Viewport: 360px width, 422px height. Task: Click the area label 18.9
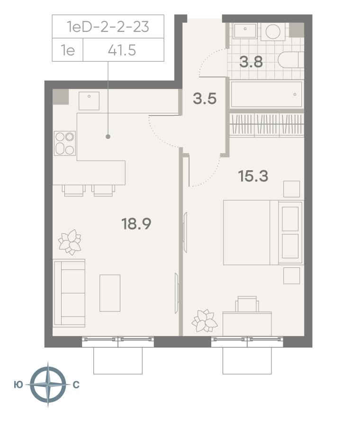(x=136, y=224)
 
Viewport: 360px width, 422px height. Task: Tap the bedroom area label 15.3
(x=253, y=176)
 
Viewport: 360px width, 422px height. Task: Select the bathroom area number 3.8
(x=251, y=62)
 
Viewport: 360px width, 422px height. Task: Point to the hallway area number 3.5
(x=205, y=99)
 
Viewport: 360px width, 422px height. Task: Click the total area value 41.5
(x=122, y=50)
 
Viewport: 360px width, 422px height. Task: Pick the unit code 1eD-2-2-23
(x=108, y=27)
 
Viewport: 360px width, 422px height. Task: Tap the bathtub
(x=266, y=94)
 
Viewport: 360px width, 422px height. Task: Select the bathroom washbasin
(x=245, y=31)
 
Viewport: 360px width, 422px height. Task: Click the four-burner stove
(x=65, y=144)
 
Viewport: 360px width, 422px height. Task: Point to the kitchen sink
(x=89, y=101)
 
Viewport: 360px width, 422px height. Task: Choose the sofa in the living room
(x=69, y=293)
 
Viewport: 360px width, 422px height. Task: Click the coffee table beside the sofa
(x=110, y=293)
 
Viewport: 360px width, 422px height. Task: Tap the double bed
(x=263, y=232)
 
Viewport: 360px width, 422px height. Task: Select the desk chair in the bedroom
(x=247, y=304)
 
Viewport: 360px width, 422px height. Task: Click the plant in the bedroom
(x=204, y=321)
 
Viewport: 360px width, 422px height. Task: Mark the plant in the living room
(x=70, y=242)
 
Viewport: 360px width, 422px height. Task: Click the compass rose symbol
(x=48, y=385)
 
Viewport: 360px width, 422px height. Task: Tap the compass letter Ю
(x=18, y=385)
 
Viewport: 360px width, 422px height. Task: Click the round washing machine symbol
(x=273, y=32)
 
